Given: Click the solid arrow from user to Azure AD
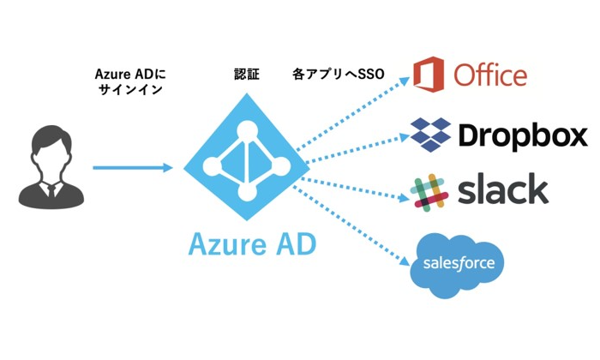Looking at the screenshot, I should click(132, 167).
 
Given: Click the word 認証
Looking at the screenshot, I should click(247, 75).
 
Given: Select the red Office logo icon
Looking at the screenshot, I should click(429, 74).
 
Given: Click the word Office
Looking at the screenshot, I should click(489, 75).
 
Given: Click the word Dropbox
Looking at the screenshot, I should click(522, 135).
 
